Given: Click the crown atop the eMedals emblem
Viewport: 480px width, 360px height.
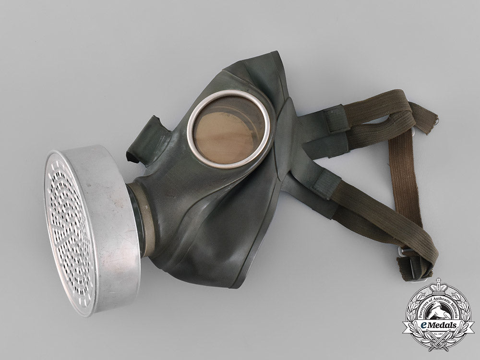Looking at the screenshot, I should click(x=438, y=287).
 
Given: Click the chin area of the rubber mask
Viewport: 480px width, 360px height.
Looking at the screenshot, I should click(x=226, y=269).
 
